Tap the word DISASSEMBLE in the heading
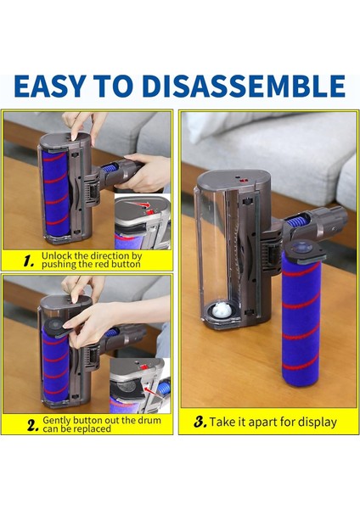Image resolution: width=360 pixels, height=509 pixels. pyautogui.click(x=256, y=86)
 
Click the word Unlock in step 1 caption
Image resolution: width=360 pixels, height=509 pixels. pyautogui.click(x=58, y=255)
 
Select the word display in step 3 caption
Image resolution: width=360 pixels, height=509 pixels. pyautogui.click(x=315, y=422)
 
